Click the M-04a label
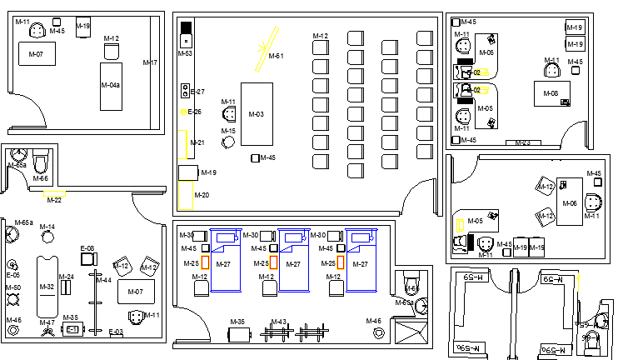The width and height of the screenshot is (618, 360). point(111,85)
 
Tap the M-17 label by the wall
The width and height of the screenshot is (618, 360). point(150,62)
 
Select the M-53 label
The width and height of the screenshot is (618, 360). point(185,53)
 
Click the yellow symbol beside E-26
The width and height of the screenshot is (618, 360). point(183,111)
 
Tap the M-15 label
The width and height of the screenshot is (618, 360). point(228,131)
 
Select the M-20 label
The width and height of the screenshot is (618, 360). point(202,195)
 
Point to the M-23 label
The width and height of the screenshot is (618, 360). point(522,143)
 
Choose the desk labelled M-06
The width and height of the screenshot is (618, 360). point(570,203)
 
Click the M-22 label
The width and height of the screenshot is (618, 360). point(54,200)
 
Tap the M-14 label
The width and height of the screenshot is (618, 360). point(47,227)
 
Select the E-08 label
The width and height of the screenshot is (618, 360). point(87,248)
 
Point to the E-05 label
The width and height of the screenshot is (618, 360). point(13,274)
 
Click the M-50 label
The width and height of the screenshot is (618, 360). point(13,287)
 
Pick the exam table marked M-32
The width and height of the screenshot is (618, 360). point(47,287)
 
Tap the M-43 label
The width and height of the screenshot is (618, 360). point(279,322)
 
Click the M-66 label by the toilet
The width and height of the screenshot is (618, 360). point(41,178)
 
